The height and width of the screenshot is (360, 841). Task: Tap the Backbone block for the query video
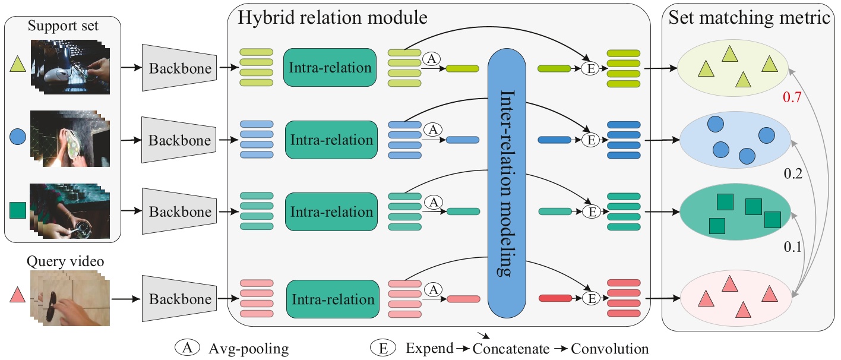pos(179,299)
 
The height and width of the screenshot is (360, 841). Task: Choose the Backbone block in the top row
pos(179,68)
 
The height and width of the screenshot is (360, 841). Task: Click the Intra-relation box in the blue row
pos(331,140)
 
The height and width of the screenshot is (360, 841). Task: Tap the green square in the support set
pos(18,210)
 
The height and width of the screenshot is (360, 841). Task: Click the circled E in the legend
pos(381,348)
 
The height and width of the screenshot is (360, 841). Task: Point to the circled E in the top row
pos(590,69)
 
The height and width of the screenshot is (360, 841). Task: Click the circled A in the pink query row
pos(433,289)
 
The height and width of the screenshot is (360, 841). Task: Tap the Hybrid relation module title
pos(333,17)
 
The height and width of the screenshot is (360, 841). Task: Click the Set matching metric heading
pos(749,17)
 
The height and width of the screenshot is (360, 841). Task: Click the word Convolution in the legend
pos(610,349)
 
